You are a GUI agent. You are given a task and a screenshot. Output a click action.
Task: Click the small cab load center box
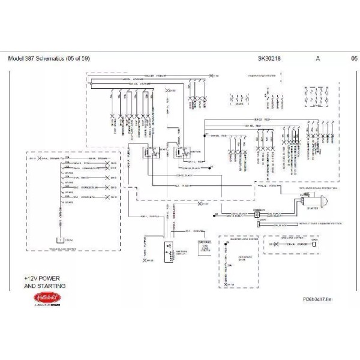199,245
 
